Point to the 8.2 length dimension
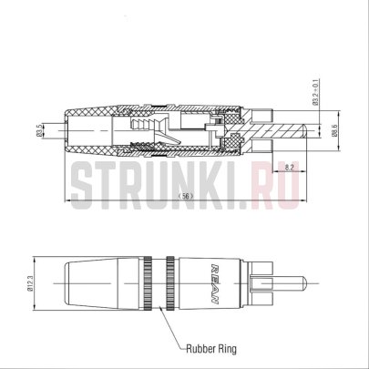288,169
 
